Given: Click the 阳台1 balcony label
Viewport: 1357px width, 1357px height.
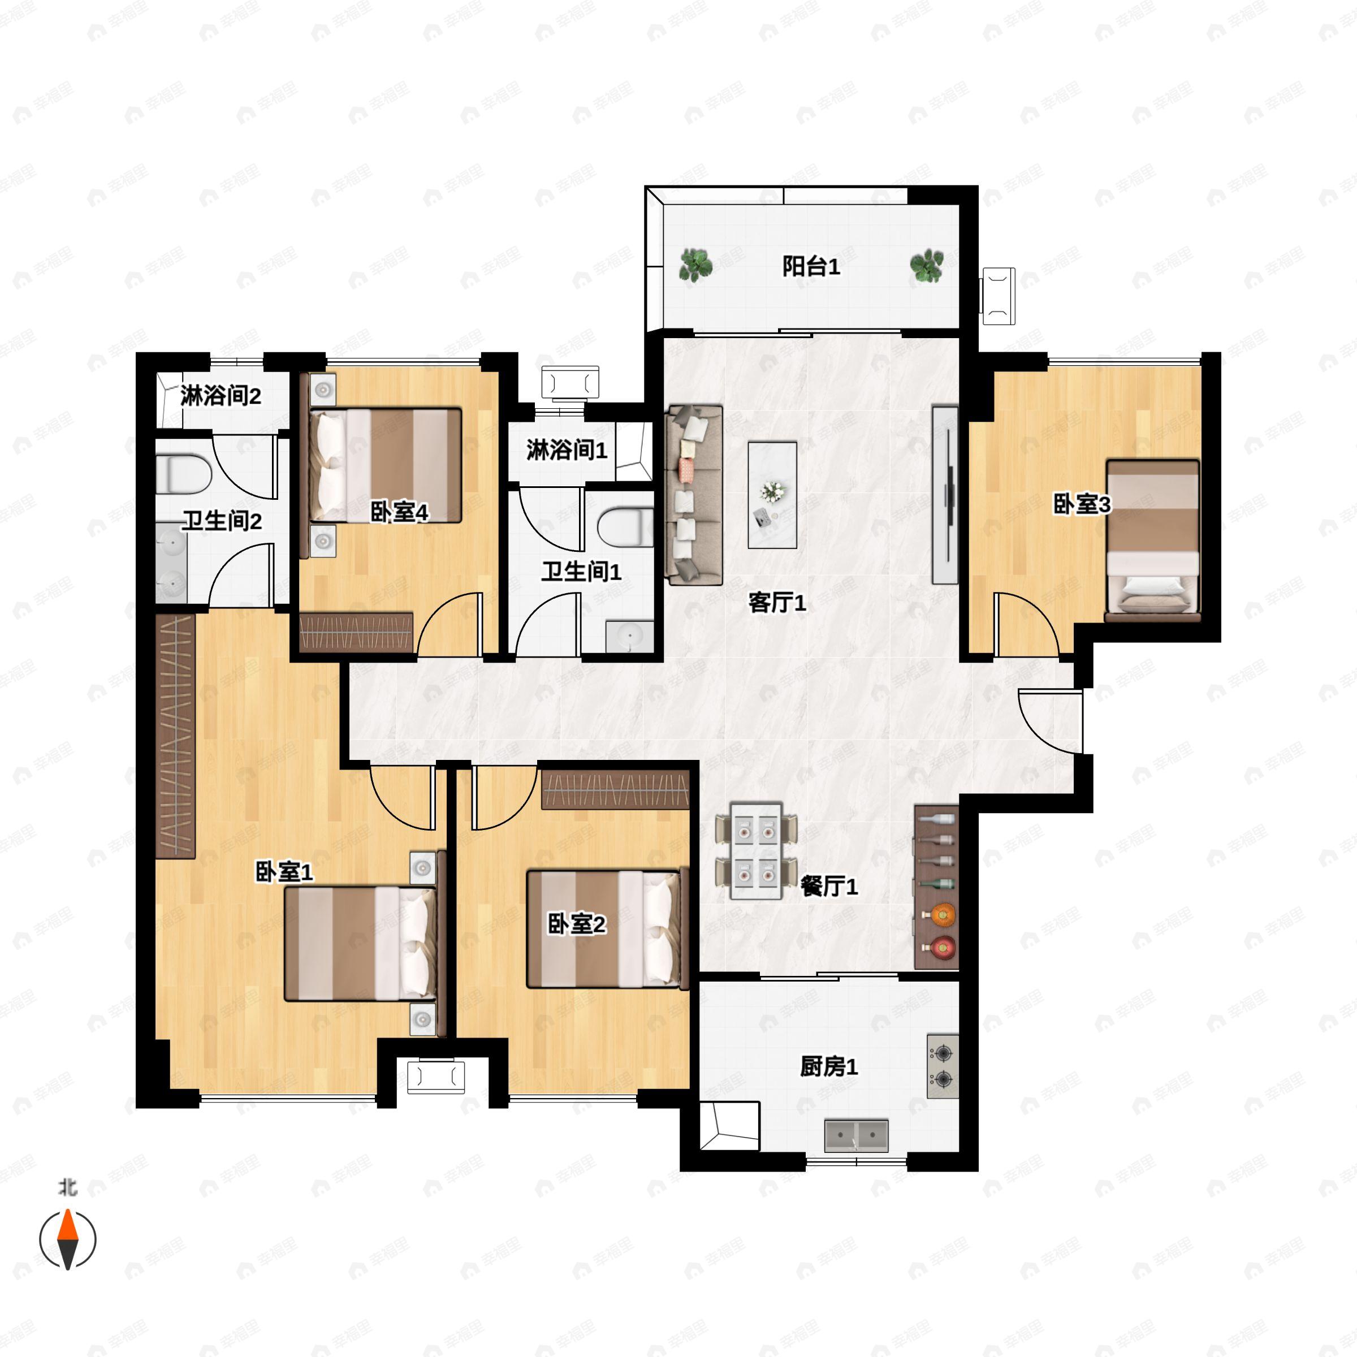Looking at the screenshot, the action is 811,267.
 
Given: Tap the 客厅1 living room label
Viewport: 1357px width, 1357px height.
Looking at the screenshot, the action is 777,603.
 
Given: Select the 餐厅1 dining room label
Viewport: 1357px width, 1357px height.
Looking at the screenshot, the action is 829,887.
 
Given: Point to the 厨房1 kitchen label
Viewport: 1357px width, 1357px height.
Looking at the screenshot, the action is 829,1067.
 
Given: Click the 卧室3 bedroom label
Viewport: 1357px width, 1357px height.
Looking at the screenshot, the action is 1082,504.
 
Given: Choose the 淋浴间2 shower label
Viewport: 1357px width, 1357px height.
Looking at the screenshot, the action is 221,396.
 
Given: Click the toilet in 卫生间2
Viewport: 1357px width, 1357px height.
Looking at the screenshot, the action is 183,475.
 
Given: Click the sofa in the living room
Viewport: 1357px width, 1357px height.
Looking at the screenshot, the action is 694,495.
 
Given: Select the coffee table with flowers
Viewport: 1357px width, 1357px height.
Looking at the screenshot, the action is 772,495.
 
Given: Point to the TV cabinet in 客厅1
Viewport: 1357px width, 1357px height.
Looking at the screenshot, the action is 945,495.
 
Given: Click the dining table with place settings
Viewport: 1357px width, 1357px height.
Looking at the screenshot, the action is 756,850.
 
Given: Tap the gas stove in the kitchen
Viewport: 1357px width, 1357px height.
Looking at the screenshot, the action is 943,1065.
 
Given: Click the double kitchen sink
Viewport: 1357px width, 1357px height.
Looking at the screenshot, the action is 856,1136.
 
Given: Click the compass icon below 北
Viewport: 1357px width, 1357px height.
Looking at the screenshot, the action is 67,1240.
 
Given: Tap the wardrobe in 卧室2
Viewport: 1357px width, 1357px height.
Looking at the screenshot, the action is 615,790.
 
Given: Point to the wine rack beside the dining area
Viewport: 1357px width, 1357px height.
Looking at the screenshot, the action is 936,887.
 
